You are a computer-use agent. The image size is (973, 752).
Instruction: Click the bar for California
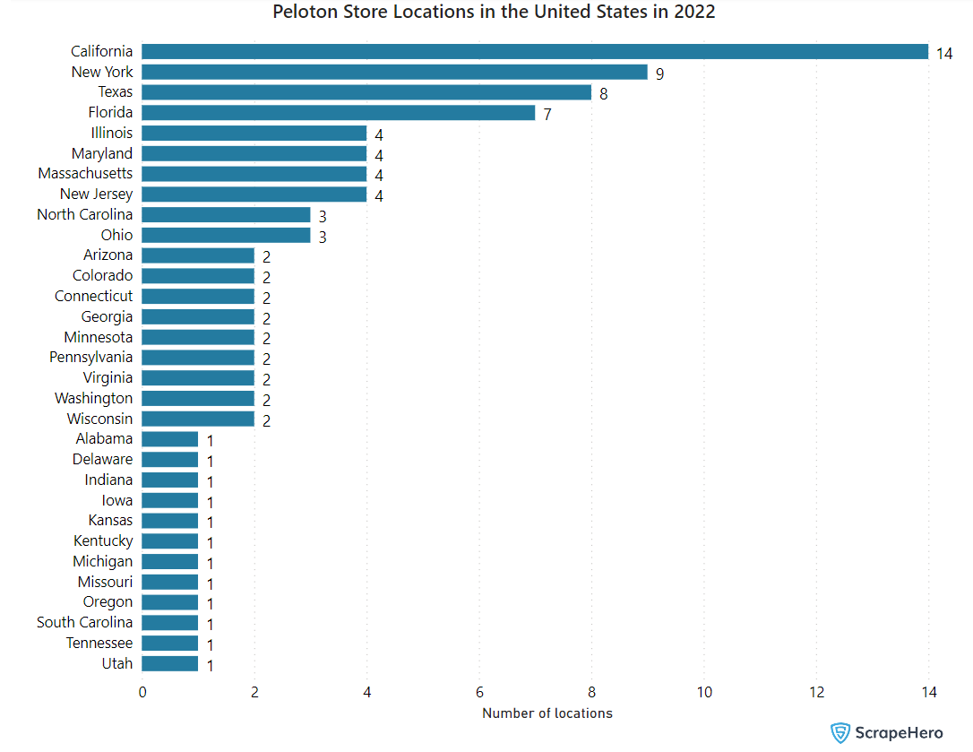tap(535, 51)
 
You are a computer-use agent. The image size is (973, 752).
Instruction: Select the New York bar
tap(394, 72)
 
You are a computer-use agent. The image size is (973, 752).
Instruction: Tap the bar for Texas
tap(366, 92)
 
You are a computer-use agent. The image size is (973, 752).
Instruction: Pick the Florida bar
tap(338, 113)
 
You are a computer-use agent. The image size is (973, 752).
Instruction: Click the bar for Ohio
tap(226, 236)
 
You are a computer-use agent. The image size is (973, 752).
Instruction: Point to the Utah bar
tap(169, 664)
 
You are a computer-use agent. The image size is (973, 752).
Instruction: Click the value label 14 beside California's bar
tap(944, 53)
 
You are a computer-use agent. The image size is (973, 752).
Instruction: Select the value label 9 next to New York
tap(659, 73)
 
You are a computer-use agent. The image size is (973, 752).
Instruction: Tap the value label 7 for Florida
tap(547, 115)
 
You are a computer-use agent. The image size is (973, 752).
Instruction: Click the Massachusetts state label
tap(85, 174)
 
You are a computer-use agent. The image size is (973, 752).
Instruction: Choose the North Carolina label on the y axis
tap(84, 215)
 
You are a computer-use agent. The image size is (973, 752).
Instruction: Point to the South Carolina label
tap(84, 623)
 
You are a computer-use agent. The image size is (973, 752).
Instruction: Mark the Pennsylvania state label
tap(90, 358)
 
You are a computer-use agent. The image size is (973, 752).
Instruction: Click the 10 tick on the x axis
tap(704, 693)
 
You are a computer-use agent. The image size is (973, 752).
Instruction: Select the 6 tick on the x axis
tap(479, 693)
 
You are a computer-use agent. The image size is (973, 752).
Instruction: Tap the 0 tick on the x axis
tap(142, 693)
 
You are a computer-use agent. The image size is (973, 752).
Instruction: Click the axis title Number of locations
tap(547, 713)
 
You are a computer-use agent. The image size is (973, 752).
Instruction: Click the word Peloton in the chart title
tap(302, 13)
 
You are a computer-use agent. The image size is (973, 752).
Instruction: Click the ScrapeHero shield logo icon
tap(840, 733)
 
